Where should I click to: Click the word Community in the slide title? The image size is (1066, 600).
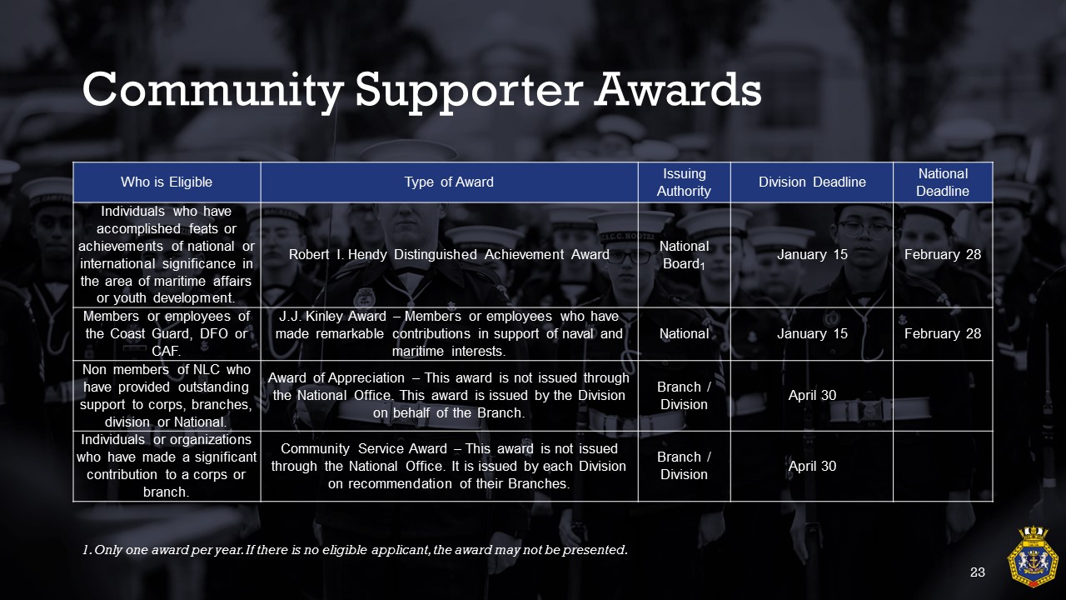click(x=212, y=91)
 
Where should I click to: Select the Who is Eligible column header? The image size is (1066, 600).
click(x=167, y=182)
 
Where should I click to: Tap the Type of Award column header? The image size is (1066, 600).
click(x=449, y=182)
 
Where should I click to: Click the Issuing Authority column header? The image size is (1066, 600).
click(x=684, y=182)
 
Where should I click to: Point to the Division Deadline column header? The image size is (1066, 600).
click(x=812, y=182)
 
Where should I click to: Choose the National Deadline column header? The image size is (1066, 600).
click(x=943, y=182)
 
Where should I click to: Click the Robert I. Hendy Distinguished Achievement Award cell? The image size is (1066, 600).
click(x=449, y=255)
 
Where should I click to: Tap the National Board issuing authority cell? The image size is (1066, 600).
click(x=684, y=255)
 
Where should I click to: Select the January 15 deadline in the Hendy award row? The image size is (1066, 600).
click(x=812, y=255)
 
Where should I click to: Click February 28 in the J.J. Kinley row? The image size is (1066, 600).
click(x=943, y=334)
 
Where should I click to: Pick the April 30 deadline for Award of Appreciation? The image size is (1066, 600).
click(x=812, y=395)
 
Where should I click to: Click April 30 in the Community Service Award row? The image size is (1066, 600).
click(x=812, y=466)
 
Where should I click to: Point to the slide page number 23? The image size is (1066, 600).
click(x=978, y=572)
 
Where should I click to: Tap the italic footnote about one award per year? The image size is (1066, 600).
click(x=355, y=550)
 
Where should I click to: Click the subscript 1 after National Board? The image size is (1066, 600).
click(x=702, y=267)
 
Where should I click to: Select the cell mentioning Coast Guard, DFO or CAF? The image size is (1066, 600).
click(x=167, y=334)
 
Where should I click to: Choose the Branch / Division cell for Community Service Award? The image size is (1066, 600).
click(x=684, y=466)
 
